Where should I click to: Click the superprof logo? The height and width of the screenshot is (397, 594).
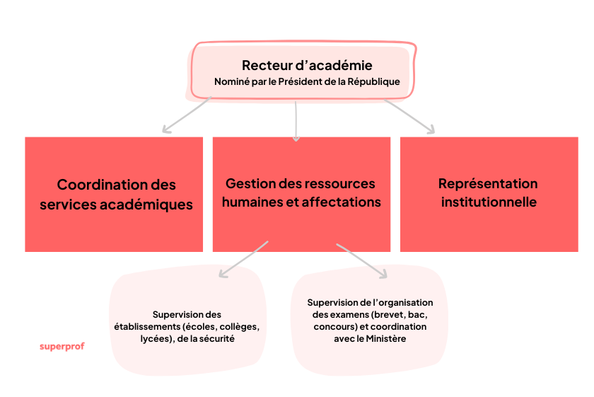click(x=62, y=347)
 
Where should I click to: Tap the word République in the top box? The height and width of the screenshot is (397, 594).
click(x=372, y=82)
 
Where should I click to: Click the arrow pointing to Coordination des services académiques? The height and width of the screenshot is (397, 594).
click(x=187, y=115)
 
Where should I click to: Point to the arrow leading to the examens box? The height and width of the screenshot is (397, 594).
click(x=362, y=260)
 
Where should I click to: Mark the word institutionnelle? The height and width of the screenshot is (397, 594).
click(x=488, y=202)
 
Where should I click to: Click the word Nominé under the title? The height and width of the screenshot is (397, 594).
click(x=231, y=82)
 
